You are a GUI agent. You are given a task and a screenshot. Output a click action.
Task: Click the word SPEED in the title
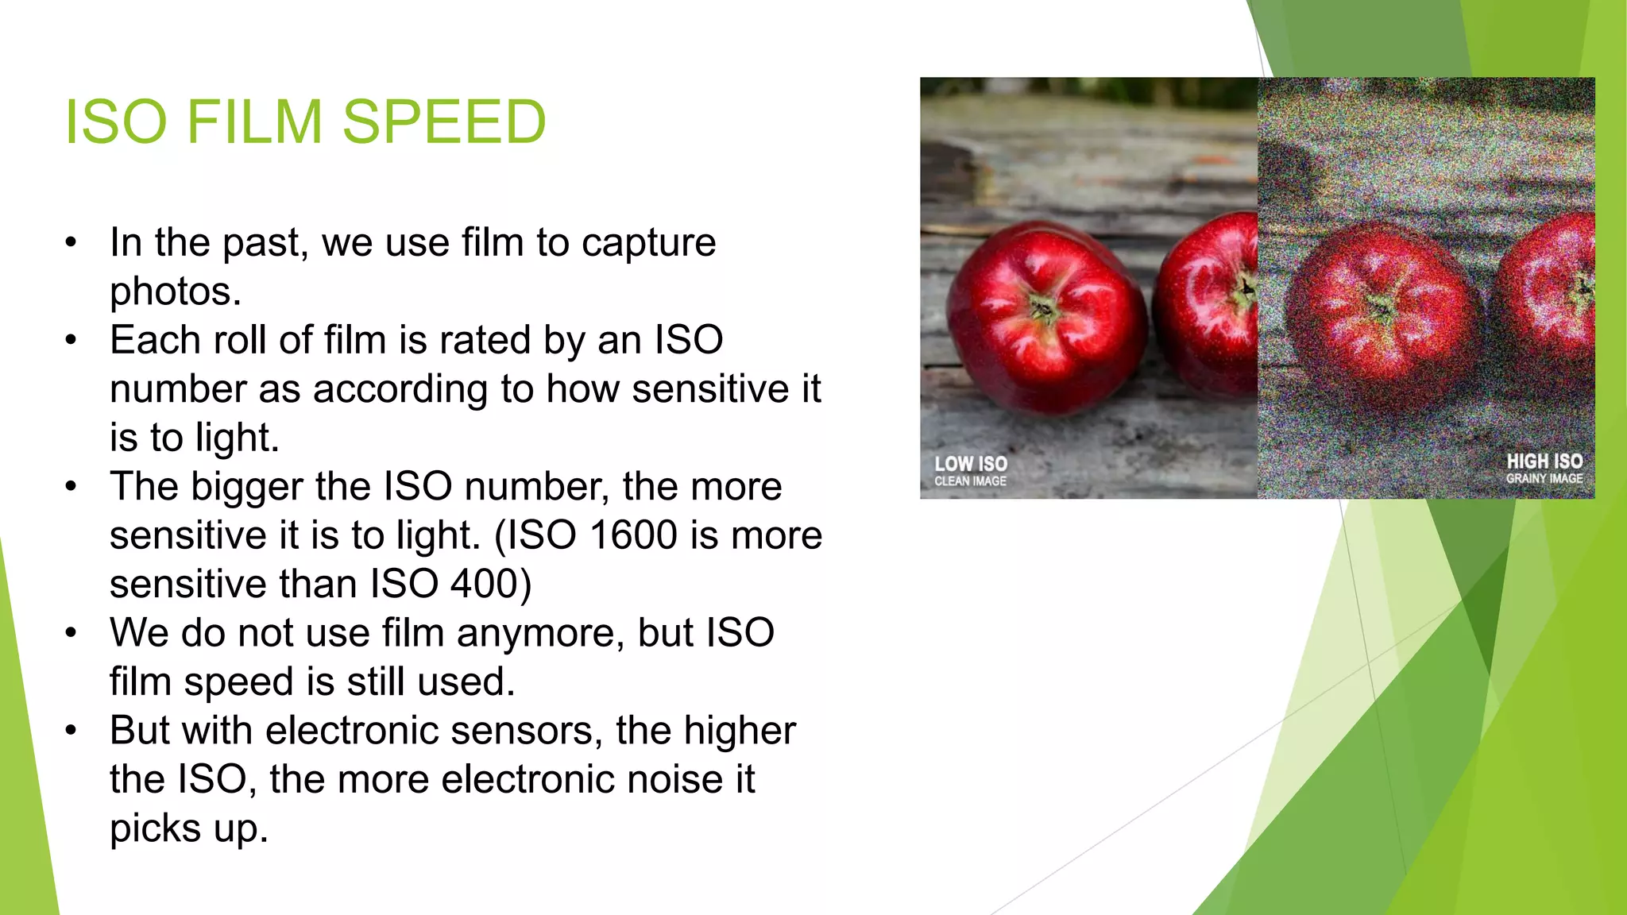point(444,122)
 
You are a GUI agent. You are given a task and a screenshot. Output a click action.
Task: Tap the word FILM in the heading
point(255,122)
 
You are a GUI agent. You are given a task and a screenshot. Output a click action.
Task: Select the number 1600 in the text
point(633,535)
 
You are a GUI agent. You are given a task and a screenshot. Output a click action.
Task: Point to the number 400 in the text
point(485,584)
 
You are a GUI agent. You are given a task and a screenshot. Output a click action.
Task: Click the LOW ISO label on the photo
point(970,464)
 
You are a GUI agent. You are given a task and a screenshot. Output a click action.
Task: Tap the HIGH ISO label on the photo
point(1544,461)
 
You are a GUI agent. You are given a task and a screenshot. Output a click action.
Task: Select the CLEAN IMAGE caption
point(970,481)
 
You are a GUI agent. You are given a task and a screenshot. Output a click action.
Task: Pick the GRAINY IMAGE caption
point(1544,479)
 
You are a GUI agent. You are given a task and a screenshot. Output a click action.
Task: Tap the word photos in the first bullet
point(175,291)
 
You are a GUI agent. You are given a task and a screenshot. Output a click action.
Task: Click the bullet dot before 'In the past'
point(71,242)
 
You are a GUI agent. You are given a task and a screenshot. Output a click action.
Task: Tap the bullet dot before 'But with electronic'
point(71,730)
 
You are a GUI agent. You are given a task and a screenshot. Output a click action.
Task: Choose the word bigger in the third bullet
point(247,487)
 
